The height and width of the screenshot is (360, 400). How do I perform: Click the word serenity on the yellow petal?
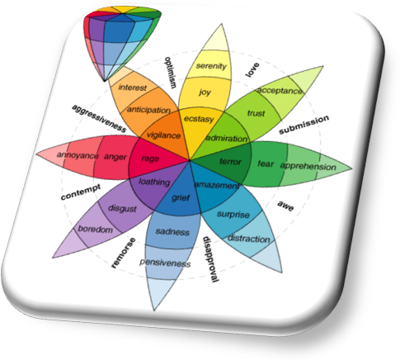(x=211, y=66)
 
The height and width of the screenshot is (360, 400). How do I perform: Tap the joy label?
(x=205, y=92)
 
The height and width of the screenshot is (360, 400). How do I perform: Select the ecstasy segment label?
(x=199, y=119)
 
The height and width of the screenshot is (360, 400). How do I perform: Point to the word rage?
(x=150, y=159)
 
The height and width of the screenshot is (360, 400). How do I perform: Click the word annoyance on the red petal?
(x=78, y=155)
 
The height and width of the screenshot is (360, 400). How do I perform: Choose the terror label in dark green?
(x=230, y=162)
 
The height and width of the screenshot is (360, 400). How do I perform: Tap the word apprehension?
(x=308, y=166)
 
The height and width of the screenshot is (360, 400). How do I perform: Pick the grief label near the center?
(x=181, y=197)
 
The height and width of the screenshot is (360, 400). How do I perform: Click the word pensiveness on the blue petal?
(x=165, y=263)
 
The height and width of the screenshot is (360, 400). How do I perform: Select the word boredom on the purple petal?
(x=96, y=229)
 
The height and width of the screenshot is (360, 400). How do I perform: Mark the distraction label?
(x=249, y=239)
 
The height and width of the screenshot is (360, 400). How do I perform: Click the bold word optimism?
(x=171, y=73)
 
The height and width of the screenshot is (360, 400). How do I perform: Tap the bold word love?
(x=252, y=69)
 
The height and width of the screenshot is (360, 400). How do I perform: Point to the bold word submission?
(x=304, y=125)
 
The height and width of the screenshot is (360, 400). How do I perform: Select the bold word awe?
(x=285, y=206)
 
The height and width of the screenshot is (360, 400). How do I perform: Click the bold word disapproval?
(x=211, y=259)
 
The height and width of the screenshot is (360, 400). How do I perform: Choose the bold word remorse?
(x=123, y=253)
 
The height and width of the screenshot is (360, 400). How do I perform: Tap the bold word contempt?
(x=81, y=192)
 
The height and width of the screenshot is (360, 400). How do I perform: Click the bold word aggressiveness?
(x=99, y=118)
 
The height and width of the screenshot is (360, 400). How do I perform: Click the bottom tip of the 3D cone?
(x=104, y=81)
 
